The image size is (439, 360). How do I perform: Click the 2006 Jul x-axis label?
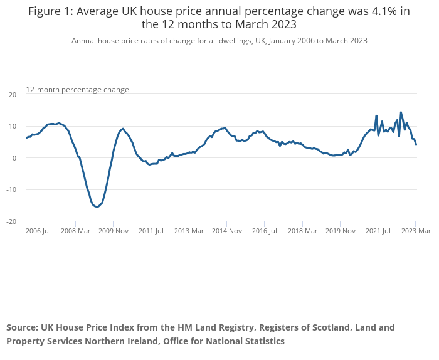pos(38,231)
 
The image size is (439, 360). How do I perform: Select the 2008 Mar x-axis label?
pos(76,231)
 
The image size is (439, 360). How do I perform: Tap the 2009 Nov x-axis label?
pos(114,231)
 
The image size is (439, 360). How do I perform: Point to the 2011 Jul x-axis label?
pos(151,231)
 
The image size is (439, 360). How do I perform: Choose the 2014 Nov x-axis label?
pos(227,231)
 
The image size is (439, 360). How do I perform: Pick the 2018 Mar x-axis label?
pos(302,231)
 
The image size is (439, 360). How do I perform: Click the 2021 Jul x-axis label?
pos(378,231)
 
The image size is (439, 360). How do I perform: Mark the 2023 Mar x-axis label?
pos(416,231)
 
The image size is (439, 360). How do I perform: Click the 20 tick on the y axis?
pos(13,95)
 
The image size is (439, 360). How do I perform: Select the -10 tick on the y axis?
pos(11,189)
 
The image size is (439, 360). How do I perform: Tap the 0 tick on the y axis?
pos(14,158)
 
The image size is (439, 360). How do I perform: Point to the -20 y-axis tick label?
pos(11,221)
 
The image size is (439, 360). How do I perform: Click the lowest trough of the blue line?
pos(97,206)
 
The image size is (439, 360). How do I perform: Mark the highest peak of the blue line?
pos(401,112)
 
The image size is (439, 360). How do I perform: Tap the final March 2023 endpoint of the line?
pos(416,144)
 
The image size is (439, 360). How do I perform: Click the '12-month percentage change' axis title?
pos(77,90)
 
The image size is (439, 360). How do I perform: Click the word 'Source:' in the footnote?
pos(23,327)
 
